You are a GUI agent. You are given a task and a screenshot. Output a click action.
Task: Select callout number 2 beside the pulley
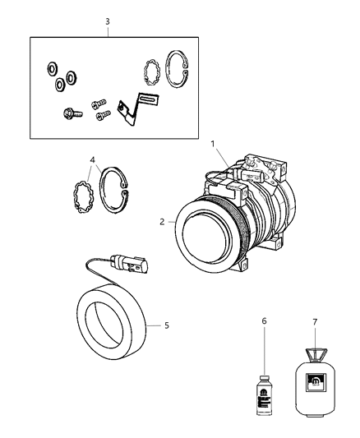click(164, 221)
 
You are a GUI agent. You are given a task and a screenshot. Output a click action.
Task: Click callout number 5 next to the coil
click(166, 325)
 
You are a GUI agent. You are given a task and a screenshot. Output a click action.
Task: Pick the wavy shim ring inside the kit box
click(150, 71)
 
